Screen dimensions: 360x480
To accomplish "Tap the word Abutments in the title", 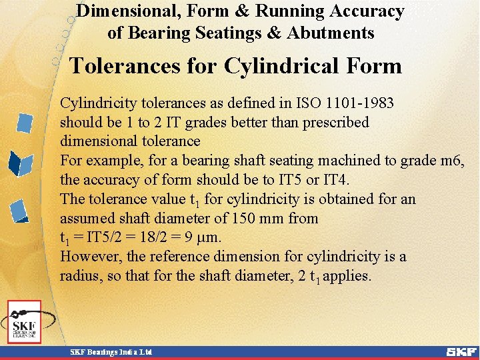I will point(333,33).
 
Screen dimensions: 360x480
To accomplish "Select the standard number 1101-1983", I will point(359,103).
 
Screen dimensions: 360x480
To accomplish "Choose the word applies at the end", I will point(347,276).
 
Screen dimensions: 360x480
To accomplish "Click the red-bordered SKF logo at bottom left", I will point(25,321).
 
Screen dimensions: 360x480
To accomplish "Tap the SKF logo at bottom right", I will point(462,351).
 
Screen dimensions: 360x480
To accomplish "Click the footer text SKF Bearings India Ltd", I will point(112,351).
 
